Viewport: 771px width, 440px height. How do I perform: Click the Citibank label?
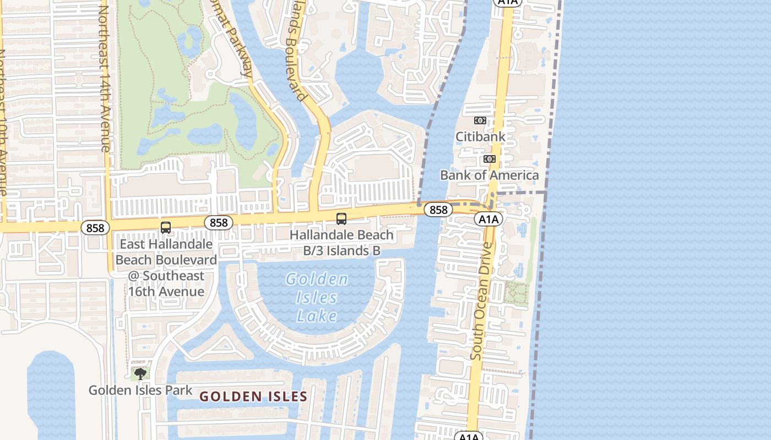tap(480, 136)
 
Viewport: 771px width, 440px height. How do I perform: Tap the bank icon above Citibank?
tap(480, 120)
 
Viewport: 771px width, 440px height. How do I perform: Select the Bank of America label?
tap(489, 175)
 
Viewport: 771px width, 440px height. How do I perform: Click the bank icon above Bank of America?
tap(489, 159)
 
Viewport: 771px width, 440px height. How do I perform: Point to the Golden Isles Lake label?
tap(317, 298)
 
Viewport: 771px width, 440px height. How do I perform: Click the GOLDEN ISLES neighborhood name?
tap(253, 397)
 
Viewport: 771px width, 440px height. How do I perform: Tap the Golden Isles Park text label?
tap(140, 391)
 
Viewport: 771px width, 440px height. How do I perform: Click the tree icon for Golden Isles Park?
tap(140, 374)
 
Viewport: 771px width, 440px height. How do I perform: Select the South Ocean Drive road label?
tap(481, 301)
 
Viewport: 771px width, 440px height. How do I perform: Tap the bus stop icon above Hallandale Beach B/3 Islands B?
tap(341, 219)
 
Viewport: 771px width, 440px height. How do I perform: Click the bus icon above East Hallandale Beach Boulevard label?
tap(166, 228)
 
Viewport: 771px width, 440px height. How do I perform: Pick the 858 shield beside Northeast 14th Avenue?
tap(95, 228)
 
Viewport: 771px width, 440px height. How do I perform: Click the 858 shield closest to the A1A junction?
tap(438, 210)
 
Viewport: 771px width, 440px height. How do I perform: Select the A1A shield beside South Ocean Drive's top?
tap(488, 219)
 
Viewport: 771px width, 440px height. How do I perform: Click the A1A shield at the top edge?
tap(507, 3)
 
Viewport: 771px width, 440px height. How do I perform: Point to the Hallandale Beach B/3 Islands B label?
tap(341, 243)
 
